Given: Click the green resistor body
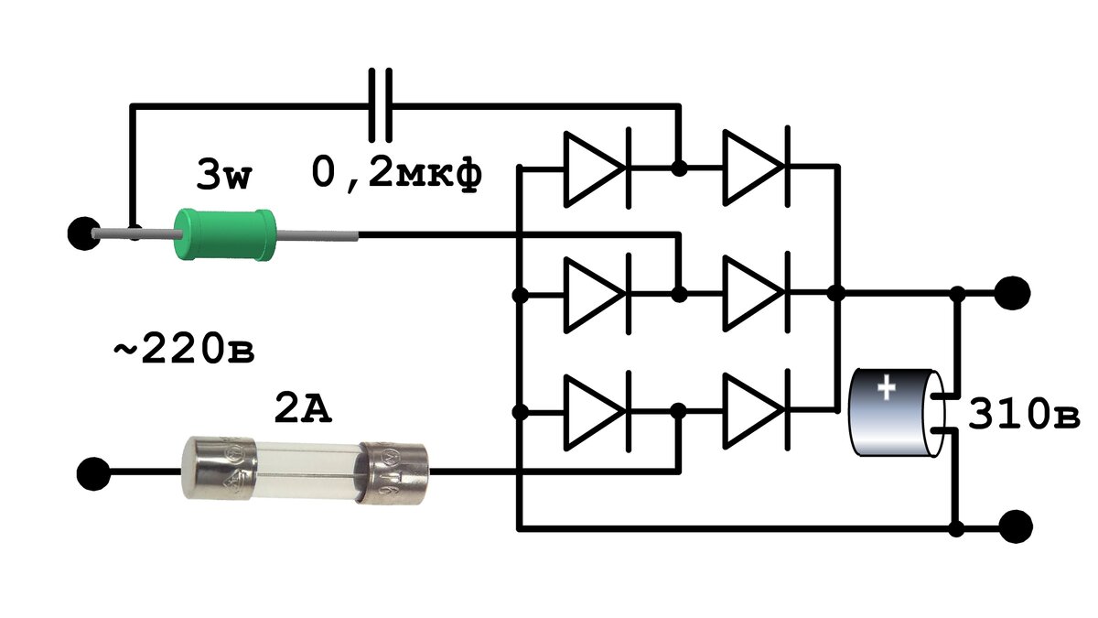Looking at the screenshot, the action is [224, 234].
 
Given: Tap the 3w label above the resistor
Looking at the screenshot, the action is [223, 175].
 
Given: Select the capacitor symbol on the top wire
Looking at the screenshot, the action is [381, 105].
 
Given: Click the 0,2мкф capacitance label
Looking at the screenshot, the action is [396, 174].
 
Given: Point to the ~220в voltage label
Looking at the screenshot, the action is [184, 348].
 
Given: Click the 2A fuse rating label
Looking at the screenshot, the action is [303, 407].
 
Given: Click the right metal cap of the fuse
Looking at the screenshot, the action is [395, 472].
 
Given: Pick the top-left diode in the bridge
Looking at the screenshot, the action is [597, 168].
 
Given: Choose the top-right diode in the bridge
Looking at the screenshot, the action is [757, 168].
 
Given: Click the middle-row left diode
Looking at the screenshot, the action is [597, 295].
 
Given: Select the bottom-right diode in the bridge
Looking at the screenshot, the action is [757, 410].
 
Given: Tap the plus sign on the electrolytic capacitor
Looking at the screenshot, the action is [887, 387].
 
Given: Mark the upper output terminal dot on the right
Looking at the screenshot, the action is [1013, 293].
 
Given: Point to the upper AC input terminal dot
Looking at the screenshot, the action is [84, 233].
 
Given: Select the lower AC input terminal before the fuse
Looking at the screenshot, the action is [93, 473].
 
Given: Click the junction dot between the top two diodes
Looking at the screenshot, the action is [679, 168].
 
